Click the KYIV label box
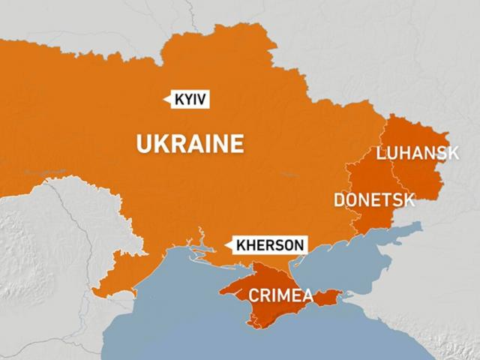190,99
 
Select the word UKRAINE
190,142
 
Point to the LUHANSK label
417,154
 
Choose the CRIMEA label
281,294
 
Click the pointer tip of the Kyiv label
164,99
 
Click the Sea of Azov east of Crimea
337,262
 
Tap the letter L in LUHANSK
382,154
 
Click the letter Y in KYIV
187,99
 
